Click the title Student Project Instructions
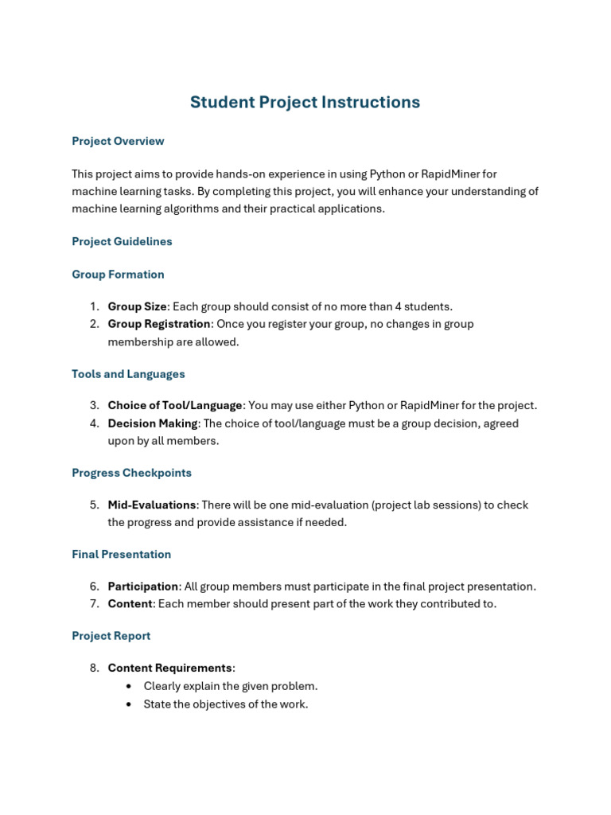coord(305,102)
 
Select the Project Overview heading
coord(118,141)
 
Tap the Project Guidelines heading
coord(122,241)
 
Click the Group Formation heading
coord(118,275)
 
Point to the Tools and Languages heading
coord(128,374)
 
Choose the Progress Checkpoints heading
coord(131,473)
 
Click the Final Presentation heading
coord(121,554)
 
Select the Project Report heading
coord(111,636)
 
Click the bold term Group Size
coord(137,306)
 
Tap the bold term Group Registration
coord(159,324)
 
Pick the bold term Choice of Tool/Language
coord(175,405)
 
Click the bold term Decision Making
coord(153,423)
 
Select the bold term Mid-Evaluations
coord(152,505)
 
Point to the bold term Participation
coord(143,587)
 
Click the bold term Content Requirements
coord(169,668)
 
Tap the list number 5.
coord(94,505)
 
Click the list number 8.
coord(94,668)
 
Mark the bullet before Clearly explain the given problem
coord(129,686)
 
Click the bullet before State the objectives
coord(129,704)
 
